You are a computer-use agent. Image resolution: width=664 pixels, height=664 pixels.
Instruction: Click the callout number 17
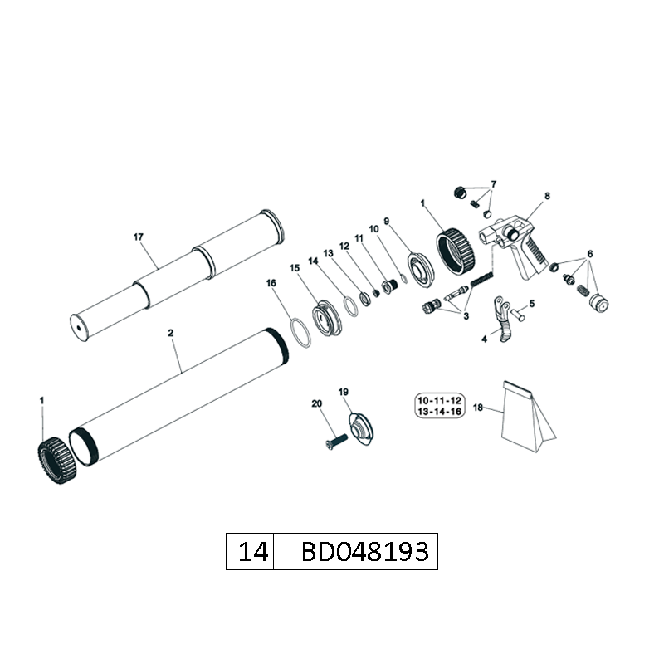click(x=139, y=237)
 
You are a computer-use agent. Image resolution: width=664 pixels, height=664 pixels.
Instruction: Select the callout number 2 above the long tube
click(x=171, y=333)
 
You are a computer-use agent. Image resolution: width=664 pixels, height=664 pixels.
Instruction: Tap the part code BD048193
click(x=365, y=552)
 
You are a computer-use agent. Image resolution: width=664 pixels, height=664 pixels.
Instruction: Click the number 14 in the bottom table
click(x=253, y=552)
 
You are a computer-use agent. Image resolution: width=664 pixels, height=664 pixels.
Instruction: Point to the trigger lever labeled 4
click(x=502, y=320)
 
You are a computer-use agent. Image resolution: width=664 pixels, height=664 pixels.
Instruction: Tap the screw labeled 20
click(x=337, y=442)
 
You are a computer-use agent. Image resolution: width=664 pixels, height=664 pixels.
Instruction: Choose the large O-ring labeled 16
click(x=300, y=333)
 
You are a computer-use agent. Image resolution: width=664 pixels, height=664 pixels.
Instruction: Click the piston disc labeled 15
click(x=326, y=318)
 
